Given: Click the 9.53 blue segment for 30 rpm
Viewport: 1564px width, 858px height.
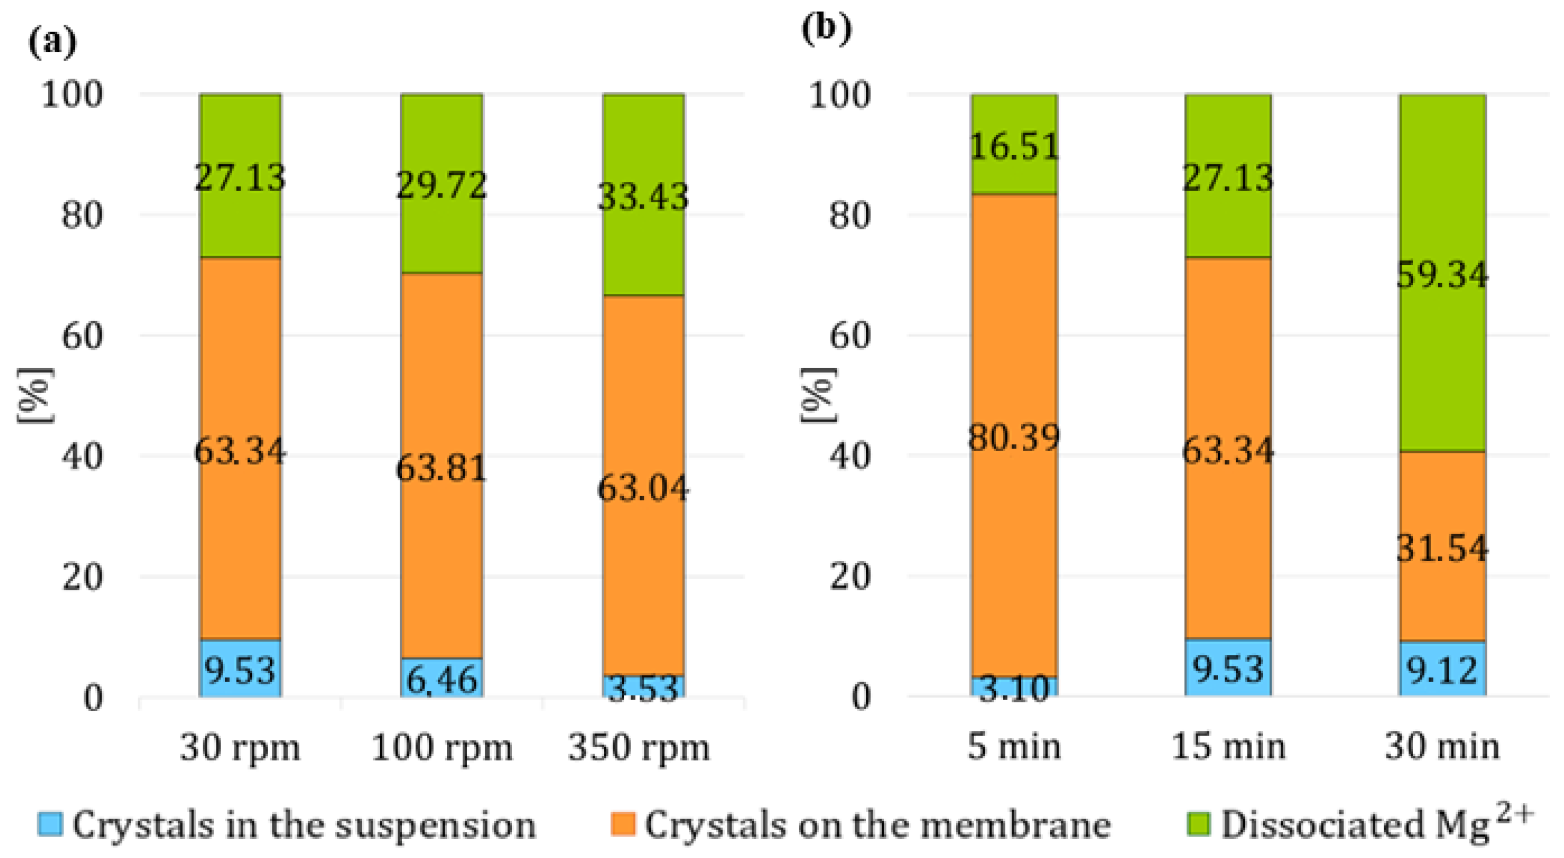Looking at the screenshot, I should point(240,667).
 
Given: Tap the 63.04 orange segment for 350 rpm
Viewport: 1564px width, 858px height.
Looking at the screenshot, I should point(644,486).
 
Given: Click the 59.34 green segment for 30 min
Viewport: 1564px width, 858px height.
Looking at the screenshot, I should point(1443,273).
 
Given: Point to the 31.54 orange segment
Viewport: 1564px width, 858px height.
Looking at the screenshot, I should point(1443,546).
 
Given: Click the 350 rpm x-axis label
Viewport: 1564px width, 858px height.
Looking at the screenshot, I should point(639,748).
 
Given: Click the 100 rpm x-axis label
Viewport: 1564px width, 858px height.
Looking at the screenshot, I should point(442,748).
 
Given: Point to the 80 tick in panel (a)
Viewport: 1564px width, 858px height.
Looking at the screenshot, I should point(81,215).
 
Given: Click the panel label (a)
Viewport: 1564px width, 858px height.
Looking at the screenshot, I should point(52,43).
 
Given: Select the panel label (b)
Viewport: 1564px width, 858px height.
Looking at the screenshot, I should point(826,29).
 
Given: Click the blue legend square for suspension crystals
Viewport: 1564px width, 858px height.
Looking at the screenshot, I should point(50,824).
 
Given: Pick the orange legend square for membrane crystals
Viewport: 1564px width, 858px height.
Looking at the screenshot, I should point(622,824).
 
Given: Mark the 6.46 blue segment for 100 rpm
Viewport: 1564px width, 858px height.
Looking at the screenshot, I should point(442,678).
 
